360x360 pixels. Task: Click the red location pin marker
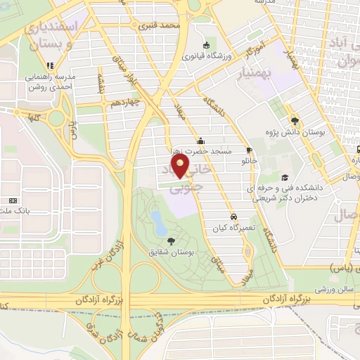click(181, 167)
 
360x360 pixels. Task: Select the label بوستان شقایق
click(172, 251)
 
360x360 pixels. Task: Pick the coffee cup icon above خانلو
click(249, 150)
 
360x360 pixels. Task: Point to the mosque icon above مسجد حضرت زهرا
click(201, 139)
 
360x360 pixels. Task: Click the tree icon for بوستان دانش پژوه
click(295, 120)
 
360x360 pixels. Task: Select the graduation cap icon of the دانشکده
click(285, 177)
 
